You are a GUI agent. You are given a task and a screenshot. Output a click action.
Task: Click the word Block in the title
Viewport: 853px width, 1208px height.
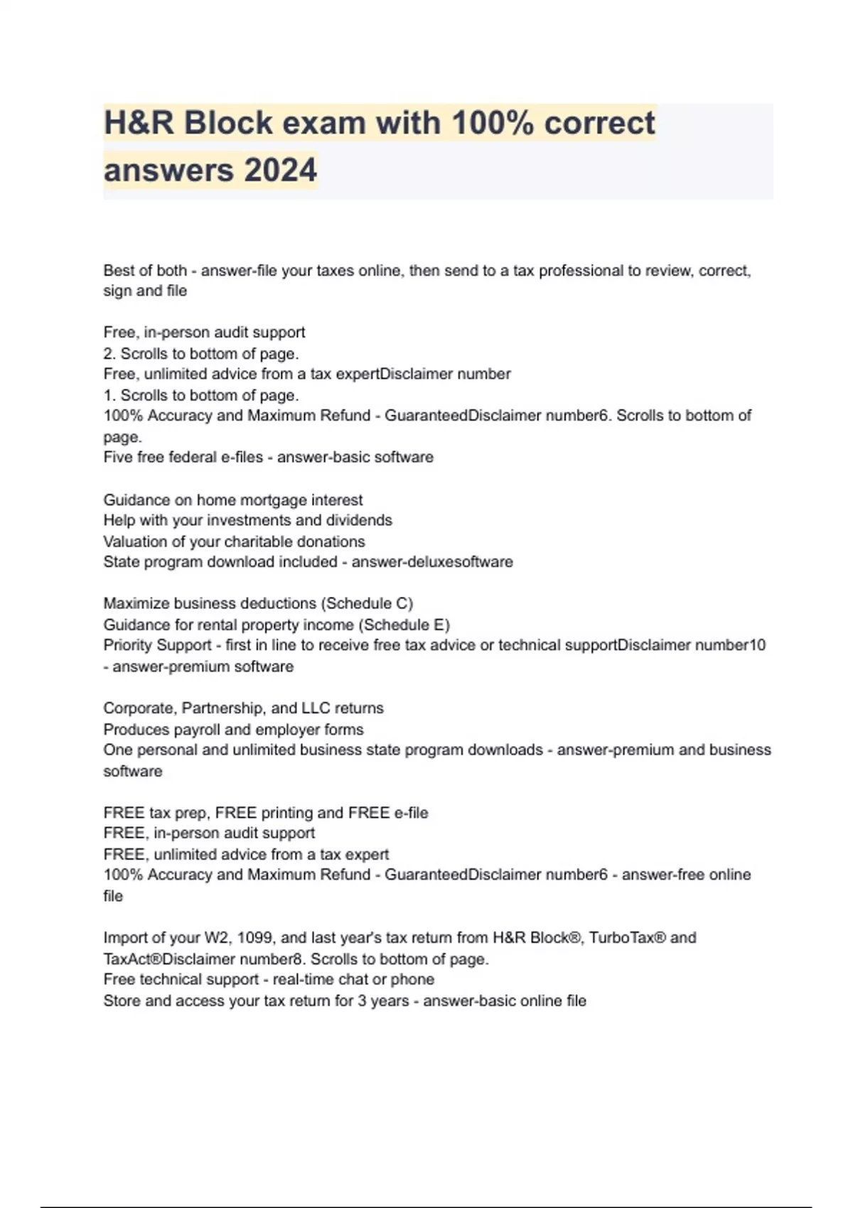(230, 123)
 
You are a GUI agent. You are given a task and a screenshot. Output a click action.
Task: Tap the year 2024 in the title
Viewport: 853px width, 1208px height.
(280, 171)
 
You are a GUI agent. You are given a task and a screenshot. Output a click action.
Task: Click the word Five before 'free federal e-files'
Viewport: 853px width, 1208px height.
(117, 458)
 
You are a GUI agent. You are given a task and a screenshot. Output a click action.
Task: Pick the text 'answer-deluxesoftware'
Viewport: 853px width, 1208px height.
(432, 562)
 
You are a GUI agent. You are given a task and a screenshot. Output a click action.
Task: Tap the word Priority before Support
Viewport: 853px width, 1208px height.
(127, 646)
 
